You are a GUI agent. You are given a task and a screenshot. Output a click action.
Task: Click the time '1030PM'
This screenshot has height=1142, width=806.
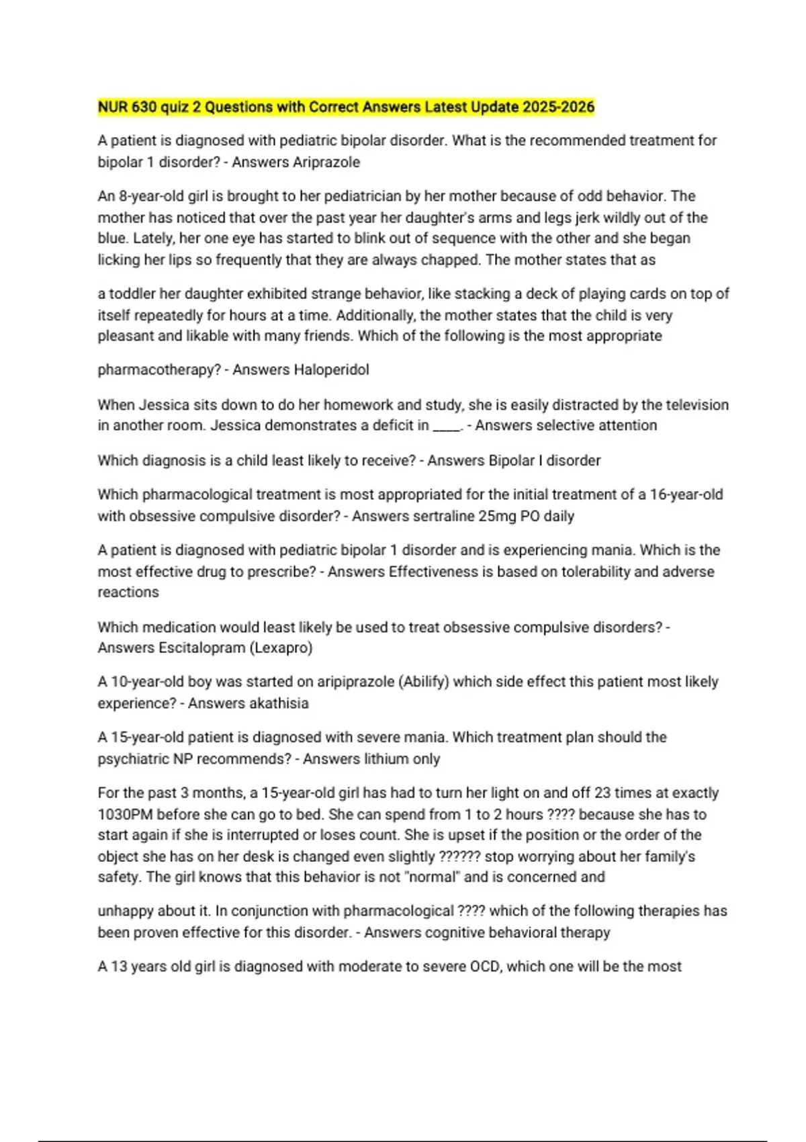click(125, 815)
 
